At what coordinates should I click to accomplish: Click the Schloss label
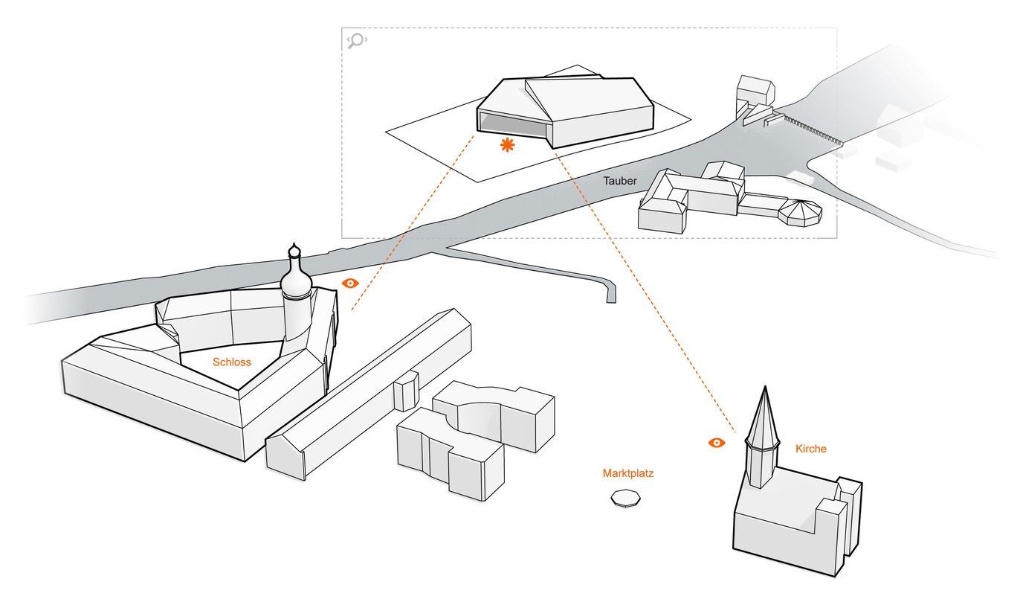(232, 362)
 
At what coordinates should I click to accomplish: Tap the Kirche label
(810, 449)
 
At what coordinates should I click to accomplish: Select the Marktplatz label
(628, 473)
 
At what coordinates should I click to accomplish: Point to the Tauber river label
(619, 181)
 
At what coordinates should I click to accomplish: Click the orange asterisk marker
(508, 145)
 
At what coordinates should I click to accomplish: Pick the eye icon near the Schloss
(350, 284)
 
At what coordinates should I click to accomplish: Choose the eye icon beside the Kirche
(716, 443)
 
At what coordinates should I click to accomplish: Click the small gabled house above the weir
(755, 92)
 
